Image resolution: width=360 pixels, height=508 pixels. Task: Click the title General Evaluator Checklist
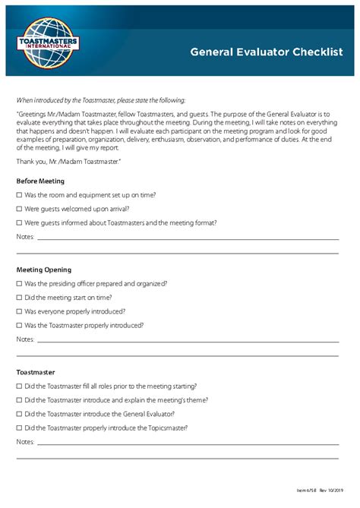pyautogui.click(x=266, y=52)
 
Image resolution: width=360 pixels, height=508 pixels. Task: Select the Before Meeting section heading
pyautogui.click(x=40, y=181)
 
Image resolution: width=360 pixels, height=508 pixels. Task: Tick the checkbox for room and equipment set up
pyautogui.click(x=19, y=195)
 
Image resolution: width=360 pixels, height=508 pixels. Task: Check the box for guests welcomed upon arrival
pyautogui.click(x=19, y=209)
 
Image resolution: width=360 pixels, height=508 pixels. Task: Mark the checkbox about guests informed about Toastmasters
pyautogui.click(x=19, y=223)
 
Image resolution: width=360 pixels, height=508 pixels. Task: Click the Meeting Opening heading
pyautogui.click(x=44, y=270)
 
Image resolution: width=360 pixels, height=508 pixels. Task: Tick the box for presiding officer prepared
pyautogui.click(x=19, y=283)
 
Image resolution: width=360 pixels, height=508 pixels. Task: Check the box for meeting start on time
pyautogui.click(x=19, y=298)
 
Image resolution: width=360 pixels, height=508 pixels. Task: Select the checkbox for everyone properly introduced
pyautogui.click(x=19, y=311)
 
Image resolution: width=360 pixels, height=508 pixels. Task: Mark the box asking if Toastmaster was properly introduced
pyautogui.click(x=19, y=326)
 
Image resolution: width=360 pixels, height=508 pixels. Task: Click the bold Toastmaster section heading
pyautogui.click(x=36, y=372)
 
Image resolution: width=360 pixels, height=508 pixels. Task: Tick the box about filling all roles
pyautogui.click(x=19, y=386)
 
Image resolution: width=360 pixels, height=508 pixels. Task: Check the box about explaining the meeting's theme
pyautogui.click(x=19, y=400)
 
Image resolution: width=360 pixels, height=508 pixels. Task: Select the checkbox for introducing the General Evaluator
pyautogui.click(x=19, y=414)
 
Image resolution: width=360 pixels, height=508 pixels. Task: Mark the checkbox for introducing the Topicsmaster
pyautogui.click(x=19, y=428)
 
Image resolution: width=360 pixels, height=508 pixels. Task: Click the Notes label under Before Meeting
pyautogui.click(x=25, y=237)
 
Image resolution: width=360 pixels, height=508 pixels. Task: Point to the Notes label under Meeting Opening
pyautogui.click(x=25, y=339)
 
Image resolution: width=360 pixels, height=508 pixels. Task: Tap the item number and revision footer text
pyautogui.click(x=320, y=490)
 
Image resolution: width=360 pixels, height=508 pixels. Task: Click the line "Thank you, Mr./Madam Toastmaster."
pyautogui.click(x=68, y=162)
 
